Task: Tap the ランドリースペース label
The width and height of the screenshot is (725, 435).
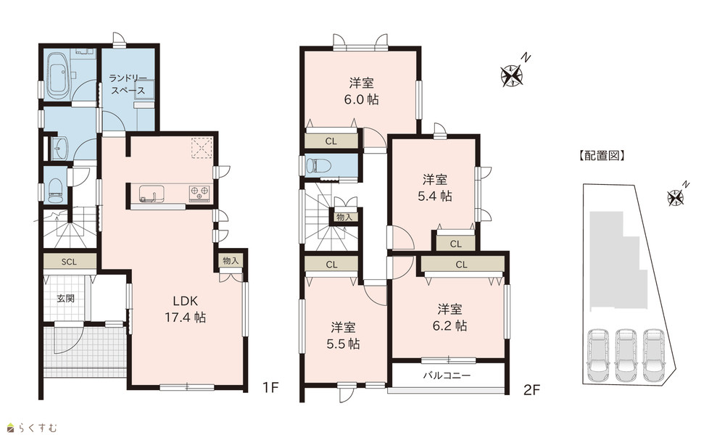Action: (x=128, y=85)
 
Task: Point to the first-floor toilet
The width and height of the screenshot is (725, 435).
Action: (x=55, y=190)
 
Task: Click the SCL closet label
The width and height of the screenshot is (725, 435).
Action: (x=69, y=262)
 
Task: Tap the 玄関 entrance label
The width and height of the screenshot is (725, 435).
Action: (x=66, y=299)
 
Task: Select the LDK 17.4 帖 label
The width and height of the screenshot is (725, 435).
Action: (x=186, y=310)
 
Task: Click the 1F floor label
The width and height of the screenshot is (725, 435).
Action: (x=270, y=387)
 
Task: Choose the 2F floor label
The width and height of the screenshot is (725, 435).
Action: (x=531, y=390)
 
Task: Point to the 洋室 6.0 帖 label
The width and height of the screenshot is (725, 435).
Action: (x=361, y=91)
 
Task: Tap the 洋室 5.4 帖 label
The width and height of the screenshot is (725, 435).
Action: (x=434, y=188)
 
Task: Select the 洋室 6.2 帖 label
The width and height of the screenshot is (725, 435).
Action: (x=449, y=317)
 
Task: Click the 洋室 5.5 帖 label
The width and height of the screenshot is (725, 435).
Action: (x=343, y=336)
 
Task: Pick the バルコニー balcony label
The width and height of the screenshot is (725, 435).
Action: (x=447, y=376)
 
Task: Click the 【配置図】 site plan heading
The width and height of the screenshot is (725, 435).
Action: (x=602, y=156)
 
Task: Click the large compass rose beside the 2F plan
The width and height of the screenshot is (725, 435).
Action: (x=511, y=75)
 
